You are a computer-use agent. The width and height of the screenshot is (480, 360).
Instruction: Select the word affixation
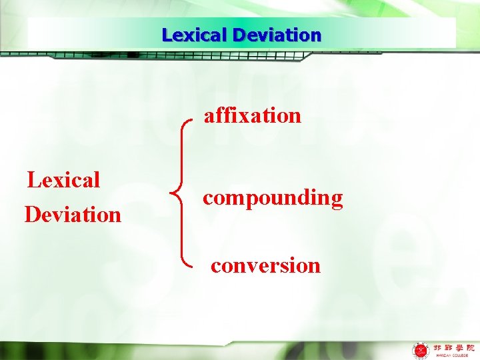pyautogui.click(x=253, y=116)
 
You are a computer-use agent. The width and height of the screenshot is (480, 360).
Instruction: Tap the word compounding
pyautogui.click(x=273, y=198)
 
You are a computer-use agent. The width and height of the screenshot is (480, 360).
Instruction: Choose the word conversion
pyautogui.click(x=265, y=265)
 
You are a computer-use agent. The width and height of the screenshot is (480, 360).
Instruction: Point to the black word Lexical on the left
pyautogui.click(x=63, y=179)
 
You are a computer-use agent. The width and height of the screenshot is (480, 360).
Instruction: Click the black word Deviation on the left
pyautogui.click(x=73, y=215)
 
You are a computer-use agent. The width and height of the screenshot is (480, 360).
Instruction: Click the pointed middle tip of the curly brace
pyautogui.click(x=173, y=195)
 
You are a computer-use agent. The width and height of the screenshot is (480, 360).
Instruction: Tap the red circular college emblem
pyautogui.click(x=421, y=350)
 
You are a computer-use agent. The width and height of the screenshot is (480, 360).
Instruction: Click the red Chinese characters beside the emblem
pyautogui.click(x=451, y=347)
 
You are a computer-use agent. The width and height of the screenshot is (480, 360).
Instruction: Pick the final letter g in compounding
pyautogui.click(x=336, y=199)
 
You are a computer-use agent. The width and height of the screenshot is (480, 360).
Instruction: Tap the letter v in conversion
pyautogui.click(x=253, y=266)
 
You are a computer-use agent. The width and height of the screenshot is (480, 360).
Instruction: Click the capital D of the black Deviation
pyautogui.click(x=32, y=215)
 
